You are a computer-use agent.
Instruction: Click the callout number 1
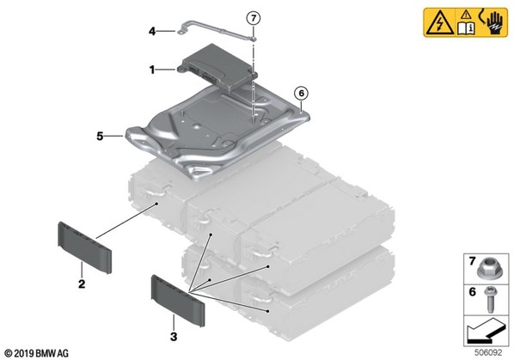(x=152, y=70)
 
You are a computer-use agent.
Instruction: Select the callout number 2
(x=82, y=284)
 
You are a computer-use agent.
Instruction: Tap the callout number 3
(x=174, y=336)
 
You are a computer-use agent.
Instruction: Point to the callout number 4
(x=152, y=32)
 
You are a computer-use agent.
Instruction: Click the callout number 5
(x=100, y=136)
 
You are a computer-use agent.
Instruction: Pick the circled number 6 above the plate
(x=301, y=94)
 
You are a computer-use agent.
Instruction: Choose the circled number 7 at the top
(x=254, y=18)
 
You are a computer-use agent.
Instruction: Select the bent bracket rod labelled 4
(x=217, y=31)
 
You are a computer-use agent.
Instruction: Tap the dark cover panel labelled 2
(x=85, y=247)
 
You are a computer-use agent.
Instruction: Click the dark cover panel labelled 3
(x=178, y=301)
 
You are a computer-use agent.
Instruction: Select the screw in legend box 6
(x=491, y=300)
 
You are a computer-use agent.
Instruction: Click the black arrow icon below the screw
(x=485, y=331)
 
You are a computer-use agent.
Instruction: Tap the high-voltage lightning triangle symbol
(x=439, y=23)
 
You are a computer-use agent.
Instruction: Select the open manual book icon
(x=466, y=28)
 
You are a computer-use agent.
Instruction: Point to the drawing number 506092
(x=488, y=352)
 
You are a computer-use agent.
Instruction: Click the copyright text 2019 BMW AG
(x=37, y=353)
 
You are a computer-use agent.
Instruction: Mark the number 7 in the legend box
(x=472, y=261)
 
